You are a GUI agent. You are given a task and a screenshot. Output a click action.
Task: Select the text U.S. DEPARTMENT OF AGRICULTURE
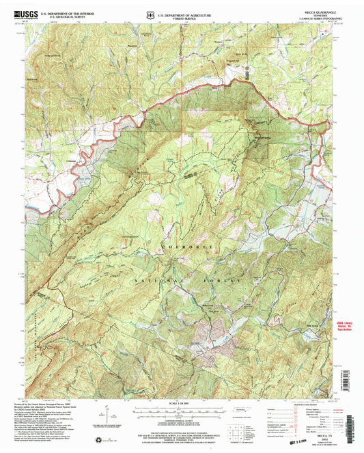pyautogui.click(x=183, y=10)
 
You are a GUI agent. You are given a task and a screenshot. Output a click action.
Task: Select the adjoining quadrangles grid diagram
pyautogui.click(x=234, y=428)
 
